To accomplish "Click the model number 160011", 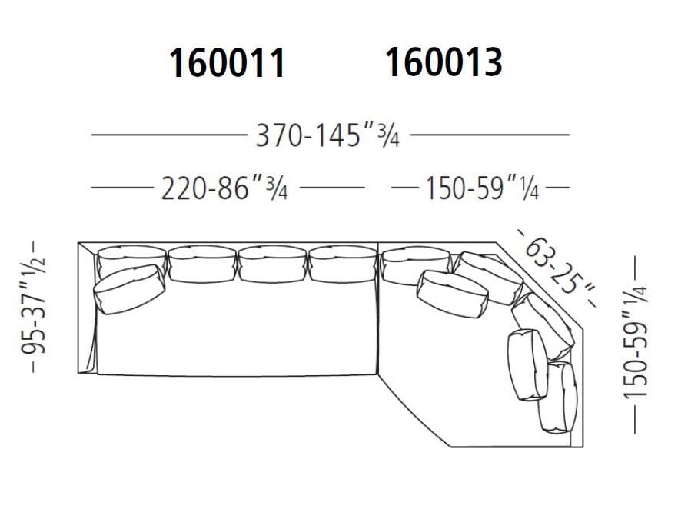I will click(227, 65).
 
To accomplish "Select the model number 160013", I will click(444, 62).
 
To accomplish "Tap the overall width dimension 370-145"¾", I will click(327, 136).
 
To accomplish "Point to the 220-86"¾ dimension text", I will click(224, 188).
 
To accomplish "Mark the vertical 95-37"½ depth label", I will click(35, 306).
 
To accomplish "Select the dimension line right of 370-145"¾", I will click(490, 135).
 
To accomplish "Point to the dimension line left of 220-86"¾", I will click(120, 187).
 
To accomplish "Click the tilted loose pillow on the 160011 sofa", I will click(129, 289).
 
